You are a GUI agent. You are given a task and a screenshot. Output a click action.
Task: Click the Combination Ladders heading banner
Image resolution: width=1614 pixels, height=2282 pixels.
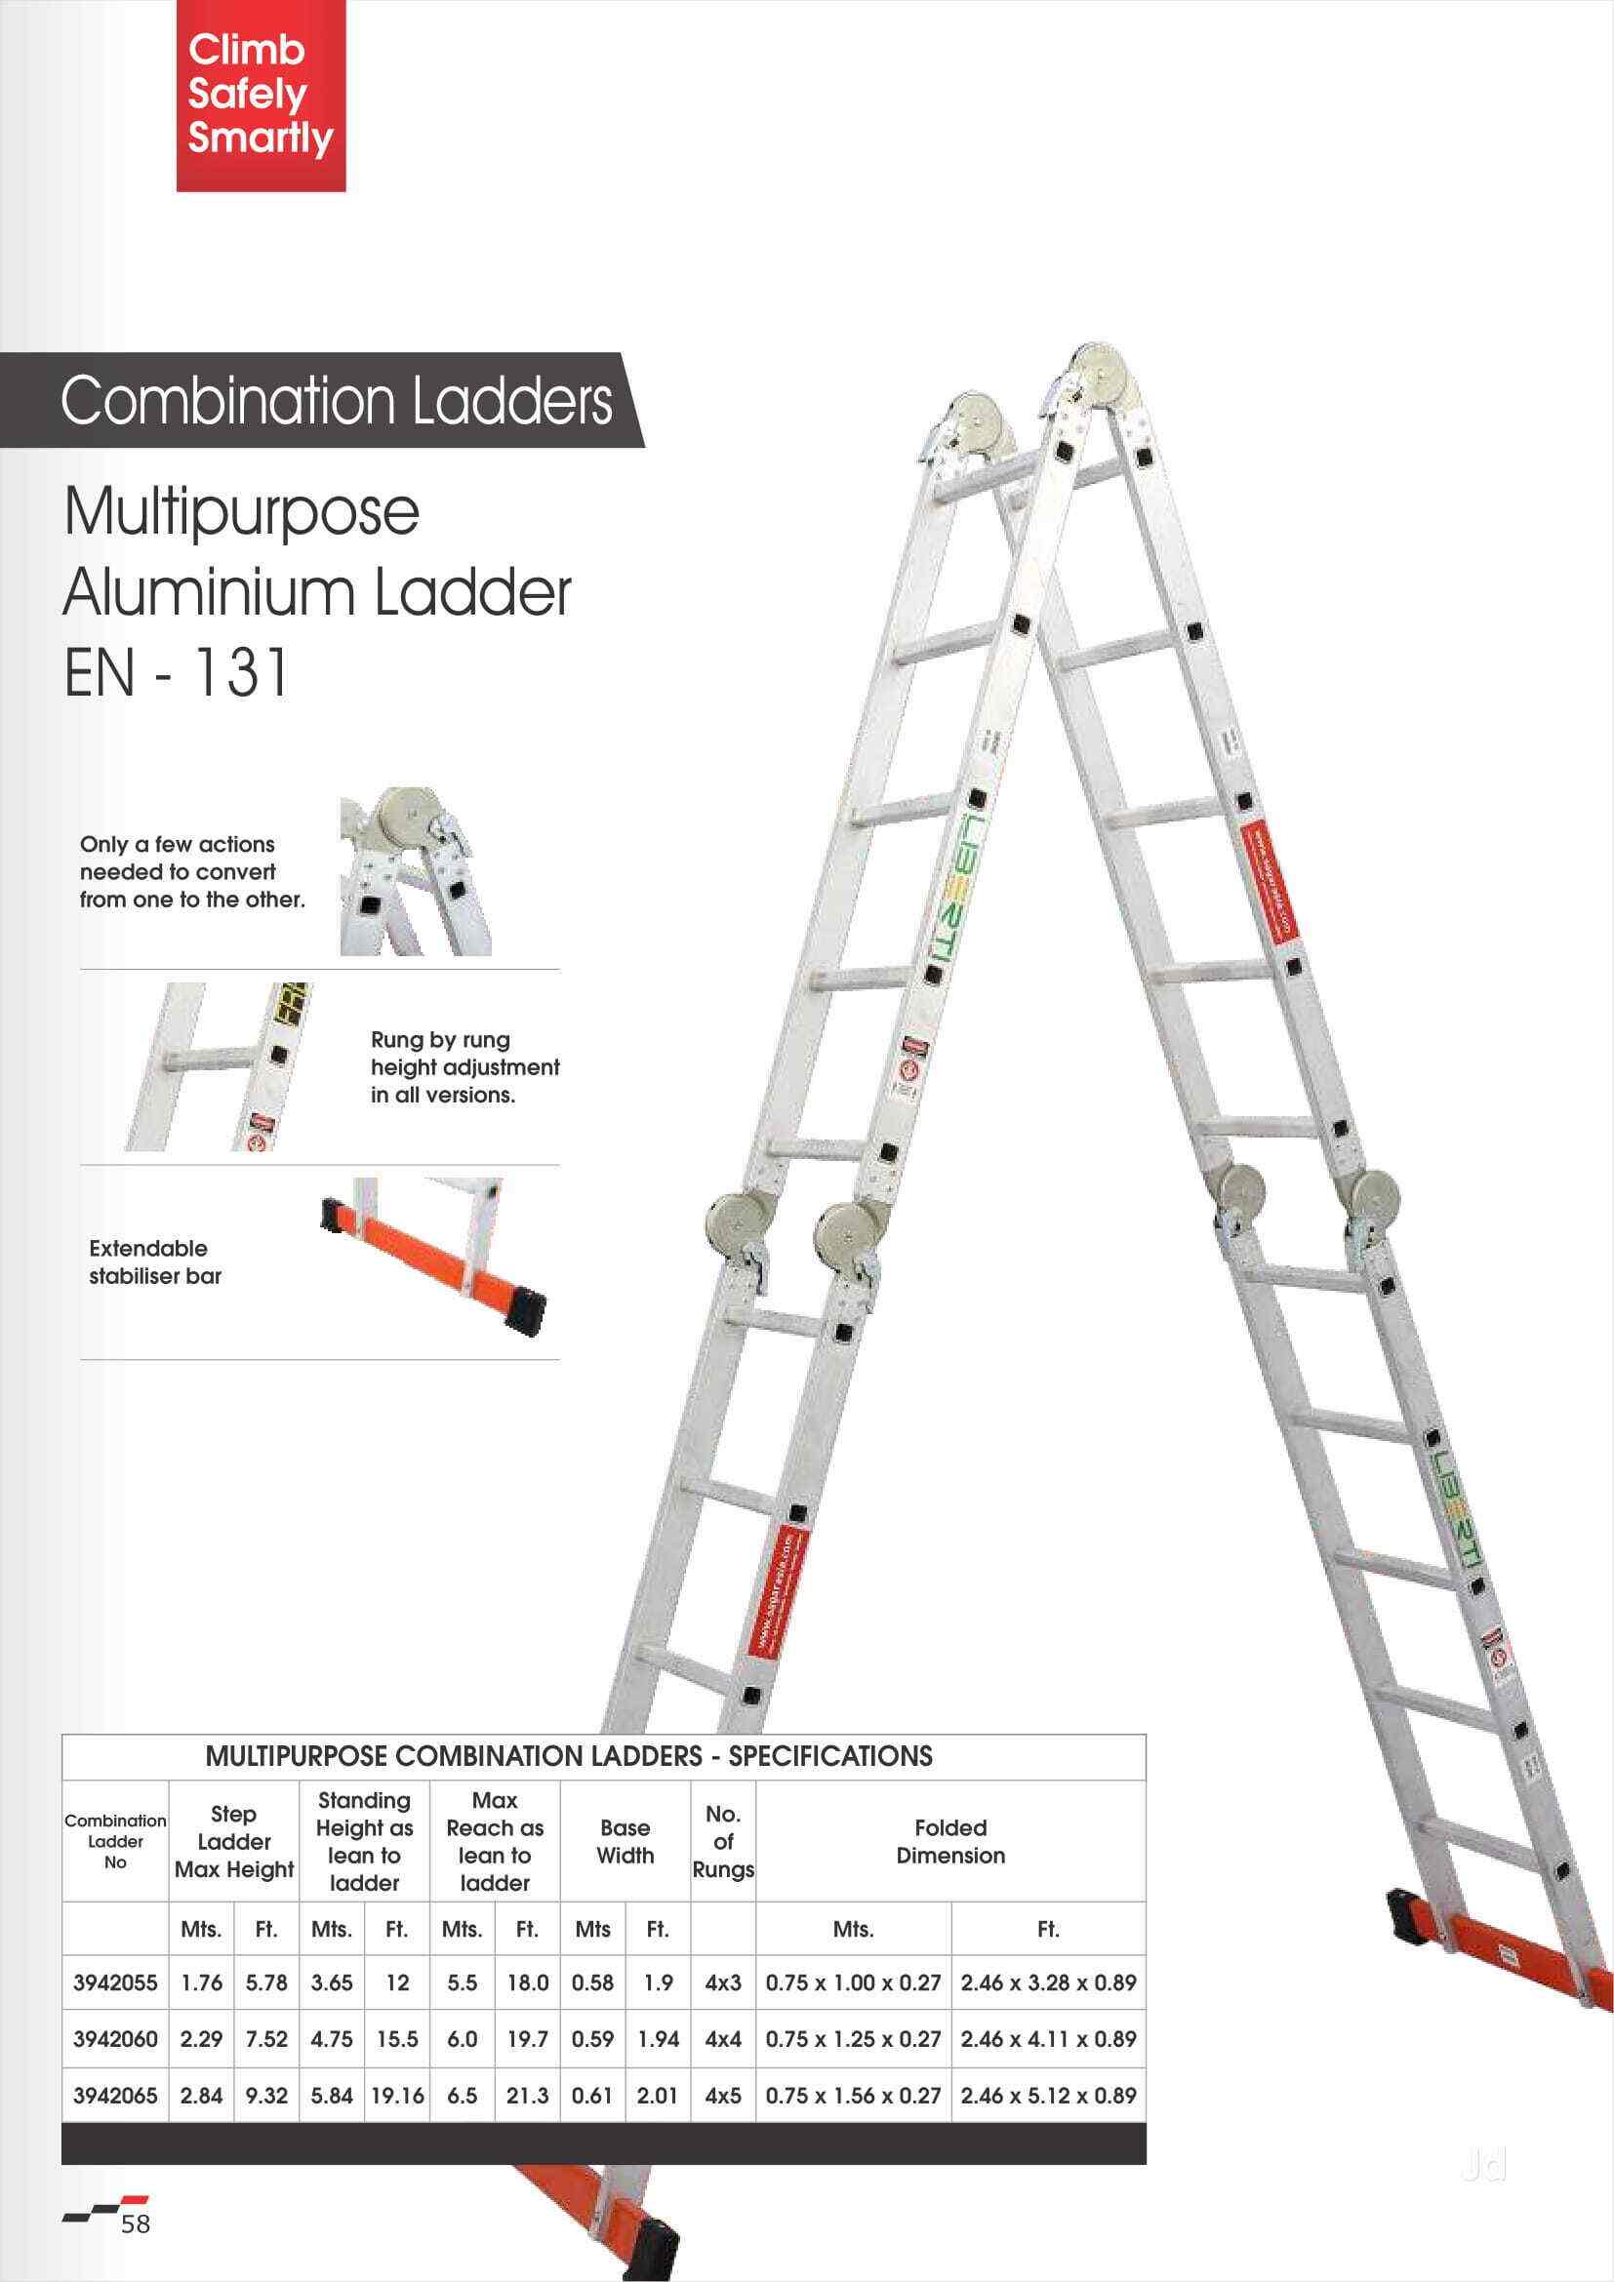coord(336,401)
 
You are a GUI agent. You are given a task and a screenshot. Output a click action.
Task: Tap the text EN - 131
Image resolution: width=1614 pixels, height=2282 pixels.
coord(177,673)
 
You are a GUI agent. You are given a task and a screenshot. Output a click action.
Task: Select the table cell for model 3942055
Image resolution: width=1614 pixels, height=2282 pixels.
coord(115,1982)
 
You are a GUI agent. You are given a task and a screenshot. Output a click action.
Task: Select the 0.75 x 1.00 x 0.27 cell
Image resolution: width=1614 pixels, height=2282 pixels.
coord(853,1982)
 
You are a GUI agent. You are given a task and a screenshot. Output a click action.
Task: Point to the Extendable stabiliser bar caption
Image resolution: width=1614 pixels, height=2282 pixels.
coord(155,1262)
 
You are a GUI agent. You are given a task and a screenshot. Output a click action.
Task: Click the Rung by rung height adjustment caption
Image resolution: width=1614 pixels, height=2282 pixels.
coord(464,1067)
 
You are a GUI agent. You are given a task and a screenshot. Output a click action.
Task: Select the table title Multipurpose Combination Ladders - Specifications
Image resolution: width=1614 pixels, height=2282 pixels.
coord(569,1756)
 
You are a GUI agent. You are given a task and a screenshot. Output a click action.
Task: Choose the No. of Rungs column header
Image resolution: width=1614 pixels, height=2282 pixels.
coord(722,1842)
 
